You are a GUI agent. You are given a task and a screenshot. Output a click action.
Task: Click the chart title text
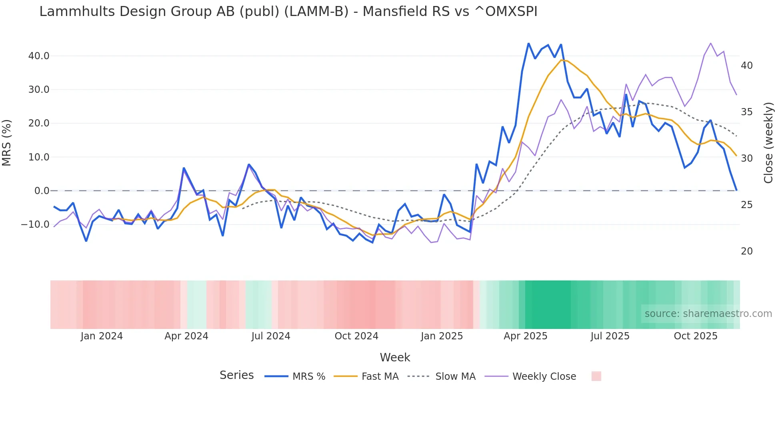pos(288,12)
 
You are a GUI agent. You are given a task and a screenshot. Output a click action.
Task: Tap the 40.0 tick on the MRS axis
pos(39,56)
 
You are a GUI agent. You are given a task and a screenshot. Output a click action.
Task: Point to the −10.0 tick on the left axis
pos(35,225)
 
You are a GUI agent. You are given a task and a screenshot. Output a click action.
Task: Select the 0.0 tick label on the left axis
pos(42,191)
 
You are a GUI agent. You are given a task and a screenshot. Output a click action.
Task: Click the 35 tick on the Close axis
pos(746,112)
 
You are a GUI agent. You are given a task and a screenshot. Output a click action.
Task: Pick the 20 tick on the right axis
pos(746,251)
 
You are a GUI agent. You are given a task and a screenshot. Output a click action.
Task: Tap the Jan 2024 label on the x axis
pos(102,336)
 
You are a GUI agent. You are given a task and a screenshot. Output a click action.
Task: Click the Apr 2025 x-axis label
pos(525,336)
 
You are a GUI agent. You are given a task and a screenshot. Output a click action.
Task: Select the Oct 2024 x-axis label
pos(356,336)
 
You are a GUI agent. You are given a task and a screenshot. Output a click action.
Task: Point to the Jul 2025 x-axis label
pos(610,336)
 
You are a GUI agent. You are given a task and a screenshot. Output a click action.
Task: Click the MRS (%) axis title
pos(7,142)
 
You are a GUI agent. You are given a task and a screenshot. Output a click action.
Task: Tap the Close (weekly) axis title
pos(768,142)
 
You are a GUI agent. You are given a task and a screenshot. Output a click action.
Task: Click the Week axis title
pos(395,357)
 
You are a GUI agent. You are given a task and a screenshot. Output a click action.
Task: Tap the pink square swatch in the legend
pos(596,376)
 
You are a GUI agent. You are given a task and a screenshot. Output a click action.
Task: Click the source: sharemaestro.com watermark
pos(708,314)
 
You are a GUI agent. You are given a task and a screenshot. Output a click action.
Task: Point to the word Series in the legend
pos(236,375)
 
